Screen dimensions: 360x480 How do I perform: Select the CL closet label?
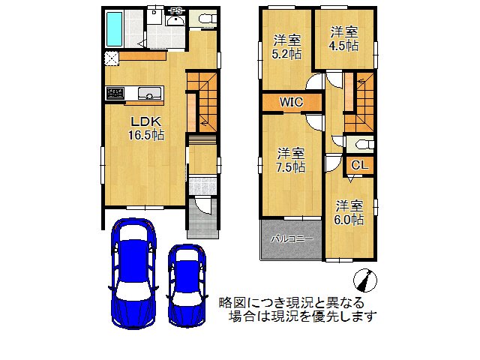(358, 166)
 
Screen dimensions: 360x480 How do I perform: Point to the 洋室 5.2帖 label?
(286, 46)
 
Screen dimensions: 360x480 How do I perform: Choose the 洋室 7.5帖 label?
(289, 160)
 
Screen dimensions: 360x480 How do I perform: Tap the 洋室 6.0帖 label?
(349, 212)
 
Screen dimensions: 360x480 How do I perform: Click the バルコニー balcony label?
(292, 238)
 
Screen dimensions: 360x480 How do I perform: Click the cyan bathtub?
(115, 28)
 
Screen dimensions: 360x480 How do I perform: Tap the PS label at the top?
(175, 10)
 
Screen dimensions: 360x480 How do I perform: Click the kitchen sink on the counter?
(149, 94)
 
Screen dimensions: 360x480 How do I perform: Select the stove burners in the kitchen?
(116, 94)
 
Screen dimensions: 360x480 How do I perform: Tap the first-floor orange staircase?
(200, 105)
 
